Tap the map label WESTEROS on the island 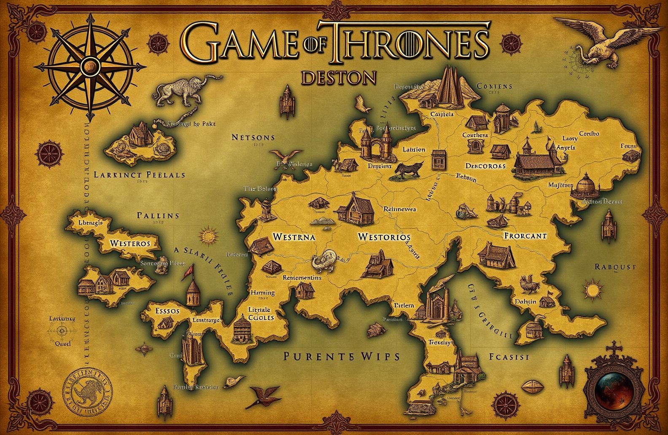tap(130, 243)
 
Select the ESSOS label tap(167, 311)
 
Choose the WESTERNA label tap(294, 236)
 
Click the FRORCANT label tap(525, 236)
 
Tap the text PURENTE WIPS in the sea tap(341, 357)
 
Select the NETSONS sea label tap(253, 137)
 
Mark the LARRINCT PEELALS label tap(139, 174)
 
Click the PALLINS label tap(158, 215)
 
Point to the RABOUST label tap(615, 266)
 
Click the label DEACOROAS tap(485, 166)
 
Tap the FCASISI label tap(509, 357)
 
